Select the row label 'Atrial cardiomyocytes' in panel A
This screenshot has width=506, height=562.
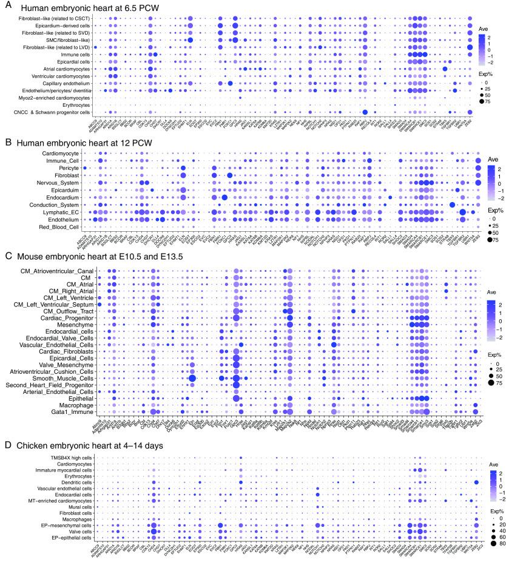point(64,69)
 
